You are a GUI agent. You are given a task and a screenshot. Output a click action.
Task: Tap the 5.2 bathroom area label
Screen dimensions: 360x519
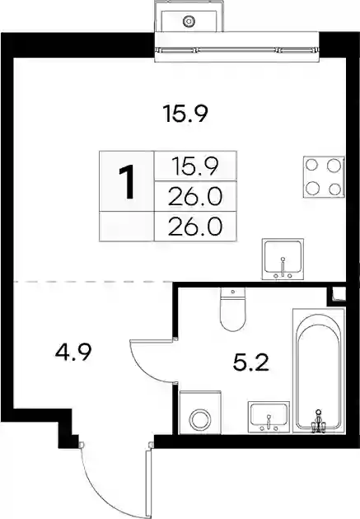[x=250, y=362]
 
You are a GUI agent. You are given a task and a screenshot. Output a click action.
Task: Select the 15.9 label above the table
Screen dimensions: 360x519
[x=185, y=113]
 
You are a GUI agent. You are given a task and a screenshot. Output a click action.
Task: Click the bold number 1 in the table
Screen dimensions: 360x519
[x=127, y=182]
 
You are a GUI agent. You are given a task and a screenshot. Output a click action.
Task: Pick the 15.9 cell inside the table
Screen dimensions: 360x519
[x=195, y=166]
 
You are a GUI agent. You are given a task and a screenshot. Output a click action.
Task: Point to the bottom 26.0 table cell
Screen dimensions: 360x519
[x=195, y=227]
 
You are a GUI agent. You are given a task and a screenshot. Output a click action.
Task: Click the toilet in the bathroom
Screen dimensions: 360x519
[x=232, y=309]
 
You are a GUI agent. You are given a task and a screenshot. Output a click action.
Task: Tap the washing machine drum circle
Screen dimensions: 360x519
[x=199, y=420]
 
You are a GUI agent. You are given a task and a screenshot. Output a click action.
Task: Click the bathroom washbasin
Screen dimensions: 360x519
[x=269, y=416]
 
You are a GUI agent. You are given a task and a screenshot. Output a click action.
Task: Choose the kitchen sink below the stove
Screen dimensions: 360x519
[x=283, y=259]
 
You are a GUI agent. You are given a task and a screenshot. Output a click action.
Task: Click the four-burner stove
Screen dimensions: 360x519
[x=324, y=177]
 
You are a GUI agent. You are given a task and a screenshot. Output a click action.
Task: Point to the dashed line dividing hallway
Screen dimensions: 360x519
[x=93, y=282]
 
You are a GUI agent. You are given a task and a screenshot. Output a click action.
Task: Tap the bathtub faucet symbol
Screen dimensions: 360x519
[x=318, y=421]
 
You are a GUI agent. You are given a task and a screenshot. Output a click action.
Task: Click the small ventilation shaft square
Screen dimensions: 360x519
[x=339, y=293]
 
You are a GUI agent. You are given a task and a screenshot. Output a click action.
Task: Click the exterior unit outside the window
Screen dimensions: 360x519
[x=189, y=16]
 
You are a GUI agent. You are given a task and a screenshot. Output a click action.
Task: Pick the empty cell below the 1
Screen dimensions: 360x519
[x=127, y=227]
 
